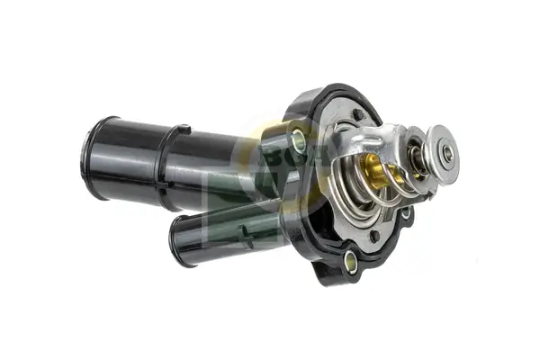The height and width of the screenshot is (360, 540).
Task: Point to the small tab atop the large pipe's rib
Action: point(184,130)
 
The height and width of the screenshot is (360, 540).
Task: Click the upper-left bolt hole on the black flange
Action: point(299,139)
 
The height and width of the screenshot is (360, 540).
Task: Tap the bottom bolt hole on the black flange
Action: point(350,263)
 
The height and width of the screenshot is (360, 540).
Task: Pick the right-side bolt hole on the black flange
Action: point(406,213)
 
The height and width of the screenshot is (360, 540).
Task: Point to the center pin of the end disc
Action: point(447,154)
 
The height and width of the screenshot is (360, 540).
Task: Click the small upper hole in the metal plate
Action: point(357,114)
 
